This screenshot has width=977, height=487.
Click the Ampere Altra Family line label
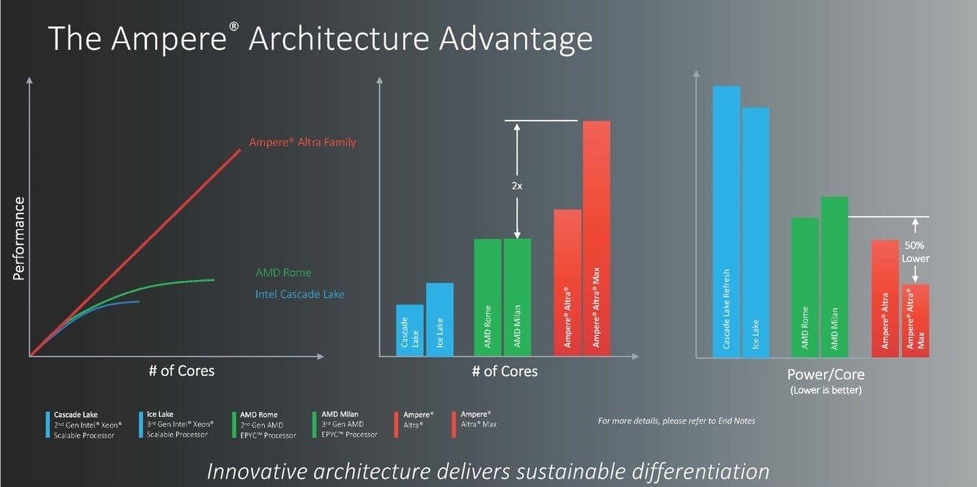(302, 142)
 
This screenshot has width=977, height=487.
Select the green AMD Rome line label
(283, 273)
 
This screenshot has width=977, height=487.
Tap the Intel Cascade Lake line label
(300, 294)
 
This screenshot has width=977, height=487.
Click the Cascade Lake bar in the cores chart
(409, 330)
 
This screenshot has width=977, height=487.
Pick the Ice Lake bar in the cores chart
(440, 320)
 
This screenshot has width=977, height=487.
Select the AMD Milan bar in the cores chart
(517, 297)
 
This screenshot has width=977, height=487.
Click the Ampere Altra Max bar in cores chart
(596, 238)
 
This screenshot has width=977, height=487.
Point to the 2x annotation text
(517, 186)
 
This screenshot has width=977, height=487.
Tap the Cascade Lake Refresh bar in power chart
(726, 221)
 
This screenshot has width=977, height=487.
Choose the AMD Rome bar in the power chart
(805, 288)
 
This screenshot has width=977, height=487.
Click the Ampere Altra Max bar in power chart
(916, 321)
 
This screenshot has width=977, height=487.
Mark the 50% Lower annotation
(915, 251)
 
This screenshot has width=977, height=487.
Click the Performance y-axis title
(18, 238)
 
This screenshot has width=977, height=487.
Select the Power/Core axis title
(825, 374)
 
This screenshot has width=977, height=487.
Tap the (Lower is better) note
(825, 390)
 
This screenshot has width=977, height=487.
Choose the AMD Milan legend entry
(345, 424)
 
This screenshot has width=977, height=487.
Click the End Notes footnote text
(676, 421)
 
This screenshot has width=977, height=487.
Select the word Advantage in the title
(516, 39)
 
